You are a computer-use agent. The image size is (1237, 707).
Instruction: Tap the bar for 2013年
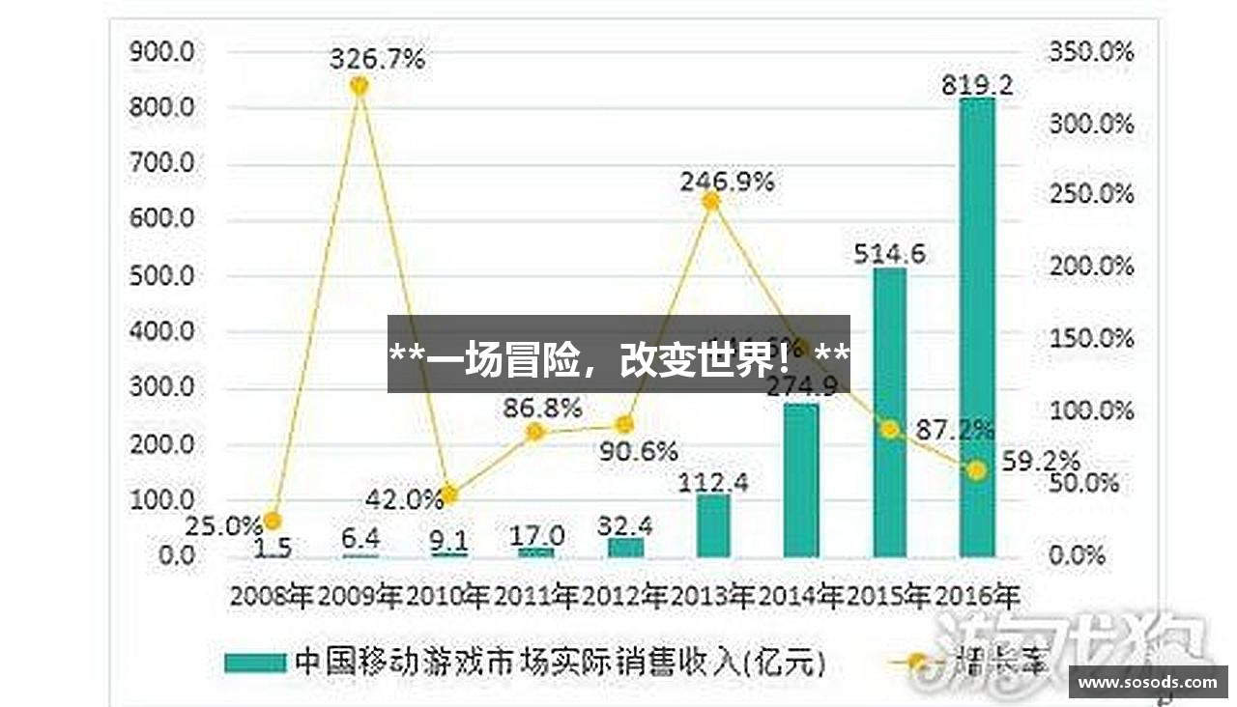pos(713,525)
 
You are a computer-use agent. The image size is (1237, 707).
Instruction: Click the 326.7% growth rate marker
pos(359,86)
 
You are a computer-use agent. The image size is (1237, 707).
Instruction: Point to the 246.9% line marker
pos(710,201)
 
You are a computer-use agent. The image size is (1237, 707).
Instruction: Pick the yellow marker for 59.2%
pos(977,470)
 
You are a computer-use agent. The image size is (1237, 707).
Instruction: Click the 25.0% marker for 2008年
pos(273,521)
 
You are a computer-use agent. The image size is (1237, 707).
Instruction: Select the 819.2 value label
pos(977,86)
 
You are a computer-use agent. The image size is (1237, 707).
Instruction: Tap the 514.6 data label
pos(889,254)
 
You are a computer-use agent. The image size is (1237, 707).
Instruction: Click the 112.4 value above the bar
pos(713,482)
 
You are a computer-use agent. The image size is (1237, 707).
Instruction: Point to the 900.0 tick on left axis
pos(161,51)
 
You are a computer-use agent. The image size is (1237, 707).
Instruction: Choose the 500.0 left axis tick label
pos(161,276)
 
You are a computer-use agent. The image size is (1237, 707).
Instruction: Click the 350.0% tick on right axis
pos(1091,51)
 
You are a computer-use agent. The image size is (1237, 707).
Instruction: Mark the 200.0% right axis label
pos(1091,267)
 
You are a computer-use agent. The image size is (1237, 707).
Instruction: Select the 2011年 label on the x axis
pos(536,596)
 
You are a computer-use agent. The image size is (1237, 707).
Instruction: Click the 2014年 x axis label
pos(800,596)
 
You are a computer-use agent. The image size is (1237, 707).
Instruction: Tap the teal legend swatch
pos(255,663)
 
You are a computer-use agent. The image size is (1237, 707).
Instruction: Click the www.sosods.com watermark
pos(1148,682)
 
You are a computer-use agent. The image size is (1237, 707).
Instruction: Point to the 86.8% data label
pos(542,408)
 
